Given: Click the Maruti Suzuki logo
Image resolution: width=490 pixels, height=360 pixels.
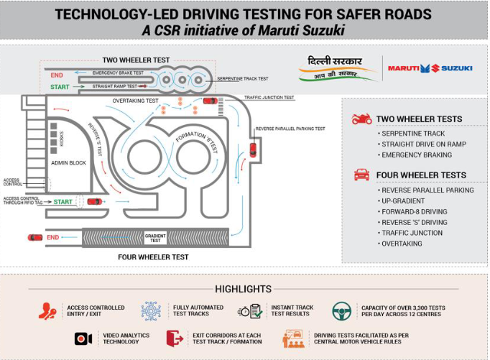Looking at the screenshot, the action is pos(430,68).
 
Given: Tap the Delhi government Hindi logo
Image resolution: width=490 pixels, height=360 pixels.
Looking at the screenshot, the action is pos(337,69).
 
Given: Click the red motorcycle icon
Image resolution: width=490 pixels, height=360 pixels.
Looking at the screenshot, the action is pos(362,119).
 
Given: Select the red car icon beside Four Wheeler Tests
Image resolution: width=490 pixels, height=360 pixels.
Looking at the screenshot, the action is pos(362,175).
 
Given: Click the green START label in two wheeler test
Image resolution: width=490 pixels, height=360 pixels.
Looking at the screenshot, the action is pos(60,87).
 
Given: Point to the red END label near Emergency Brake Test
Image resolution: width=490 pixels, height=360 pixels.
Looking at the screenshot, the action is pos(57,75).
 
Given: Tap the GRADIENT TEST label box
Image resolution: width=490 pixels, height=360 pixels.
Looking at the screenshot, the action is pos(155,238).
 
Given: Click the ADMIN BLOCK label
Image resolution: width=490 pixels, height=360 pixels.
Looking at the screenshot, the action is pos(68,163).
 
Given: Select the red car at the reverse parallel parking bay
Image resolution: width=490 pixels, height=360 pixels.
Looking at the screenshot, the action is pos(253,149).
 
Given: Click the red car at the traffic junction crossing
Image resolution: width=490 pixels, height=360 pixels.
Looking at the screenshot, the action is pos(211,101).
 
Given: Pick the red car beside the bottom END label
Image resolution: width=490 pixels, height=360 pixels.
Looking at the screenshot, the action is pos(35,238).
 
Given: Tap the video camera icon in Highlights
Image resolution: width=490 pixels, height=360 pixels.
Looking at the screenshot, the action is pos(83,338).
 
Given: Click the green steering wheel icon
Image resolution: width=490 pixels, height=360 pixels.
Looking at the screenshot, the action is pos(341,311).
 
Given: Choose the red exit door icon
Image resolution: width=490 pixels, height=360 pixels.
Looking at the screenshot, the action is pos(175,338).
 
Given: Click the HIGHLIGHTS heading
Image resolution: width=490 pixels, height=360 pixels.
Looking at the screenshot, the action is pos(244,289).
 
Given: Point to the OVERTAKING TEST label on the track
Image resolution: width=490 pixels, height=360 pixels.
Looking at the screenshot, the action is pos(135,101).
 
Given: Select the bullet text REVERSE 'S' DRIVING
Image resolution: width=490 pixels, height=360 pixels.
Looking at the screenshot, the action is pos(415,223).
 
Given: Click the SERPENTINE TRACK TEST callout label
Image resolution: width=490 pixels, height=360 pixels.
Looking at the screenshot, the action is pos(243,79).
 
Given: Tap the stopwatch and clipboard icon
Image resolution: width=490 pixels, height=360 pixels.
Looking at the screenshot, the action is pos(250,311).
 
